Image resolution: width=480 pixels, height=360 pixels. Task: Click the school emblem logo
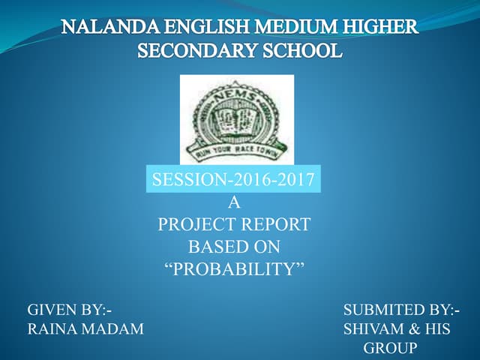(237, 120)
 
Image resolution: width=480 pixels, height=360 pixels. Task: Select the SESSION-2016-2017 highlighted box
(233, 180)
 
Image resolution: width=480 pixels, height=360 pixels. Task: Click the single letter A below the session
(233, 202)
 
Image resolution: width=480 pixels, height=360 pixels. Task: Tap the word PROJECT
(193, 223)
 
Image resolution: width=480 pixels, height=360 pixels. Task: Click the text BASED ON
(233, 246)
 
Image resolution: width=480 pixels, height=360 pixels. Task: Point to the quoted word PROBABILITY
(233, 268)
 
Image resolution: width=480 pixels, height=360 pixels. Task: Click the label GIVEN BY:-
(71, 310)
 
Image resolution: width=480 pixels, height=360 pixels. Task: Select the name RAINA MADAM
(85, 328)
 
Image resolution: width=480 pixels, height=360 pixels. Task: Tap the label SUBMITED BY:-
(402, 310)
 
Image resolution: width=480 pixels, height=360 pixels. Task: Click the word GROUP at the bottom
(390, 348)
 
